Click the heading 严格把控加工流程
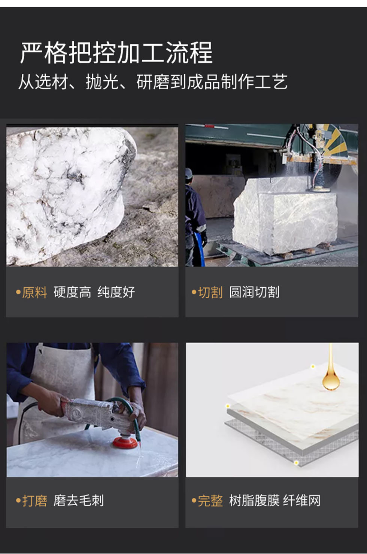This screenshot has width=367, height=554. click(x=116, y=53)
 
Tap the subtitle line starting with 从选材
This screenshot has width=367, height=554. click(x=153, y=82)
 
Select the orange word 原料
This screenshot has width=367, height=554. click(x=34, y=292)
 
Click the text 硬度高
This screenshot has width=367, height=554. click(x=72, y=292)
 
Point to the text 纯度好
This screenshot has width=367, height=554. click(x=116, y=292)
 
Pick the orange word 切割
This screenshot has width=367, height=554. click(x=210, y=292)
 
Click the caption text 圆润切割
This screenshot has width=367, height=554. click(x=254, y=292)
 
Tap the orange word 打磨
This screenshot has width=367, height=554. click(x=34, y=501)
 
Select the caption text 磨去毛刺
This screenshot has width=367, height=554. click(x=79, y=501)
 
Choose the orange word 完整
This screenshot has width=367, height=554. click(x=210, y=501)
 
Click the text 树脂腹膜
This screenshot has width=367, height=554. click(x=254, y=501)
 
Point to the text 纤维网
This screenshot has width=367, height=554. click(x=302, y=501)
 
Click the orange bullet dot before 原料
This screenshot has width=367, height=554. click(x=18, y=292)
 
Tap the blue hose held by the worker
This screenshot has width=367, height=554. click(x=201, y=250)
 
